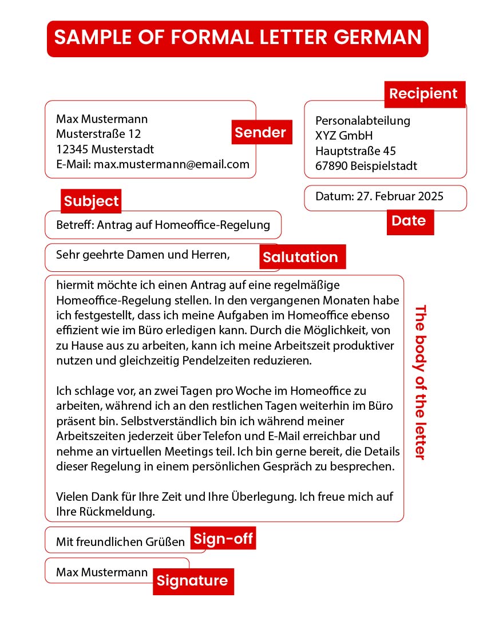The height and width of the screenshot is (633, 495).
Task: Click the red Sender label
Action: click(260, 132)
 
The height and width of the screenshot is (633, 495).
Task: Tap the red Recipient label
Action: click(423, 94)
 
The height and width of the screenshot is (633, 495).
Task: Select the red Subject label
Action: click(91, 201)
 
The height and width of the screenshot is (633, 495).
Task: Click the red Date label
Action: click(409, 221)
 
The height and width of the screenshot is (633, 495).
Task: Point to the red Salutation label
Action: click(300, 257)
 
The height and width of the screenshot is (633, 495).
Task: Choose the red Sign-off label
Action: click(223, 539)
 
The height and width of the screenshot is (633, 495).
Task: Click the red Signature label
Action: click(192, 581)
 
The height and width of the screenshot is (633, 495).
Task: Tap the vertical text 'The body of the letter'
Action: click(421, 382)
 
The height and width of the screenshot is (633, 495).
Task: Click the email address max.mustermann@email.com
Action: click(172, 164)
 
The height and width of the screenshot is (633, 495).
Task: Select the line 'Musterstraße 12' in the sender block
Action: click(98, 134)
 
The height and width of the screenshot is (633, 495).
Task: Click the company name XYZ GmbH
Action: click(344, 136)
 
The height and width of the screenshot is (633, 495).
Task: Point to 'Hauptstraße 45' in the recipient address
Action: click(355, 151)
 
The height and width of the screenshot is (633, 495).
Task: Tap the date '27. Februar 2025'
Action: click(400, 196)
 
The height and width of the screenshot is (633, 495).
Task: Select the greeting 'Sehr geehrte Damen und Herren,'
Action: click(142, 255)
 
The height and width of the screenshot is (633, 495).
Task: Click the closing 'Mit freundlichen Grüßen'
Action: click(120, 541)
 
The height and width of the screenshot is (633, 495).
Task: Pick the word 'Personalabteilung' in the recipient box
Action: click(363, 121)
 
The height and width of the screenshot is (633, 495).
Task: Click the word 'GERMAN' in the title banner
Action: click(377, 37)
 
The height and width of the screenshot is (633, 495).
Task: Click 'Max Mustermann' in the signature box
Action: click(102, 572)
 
